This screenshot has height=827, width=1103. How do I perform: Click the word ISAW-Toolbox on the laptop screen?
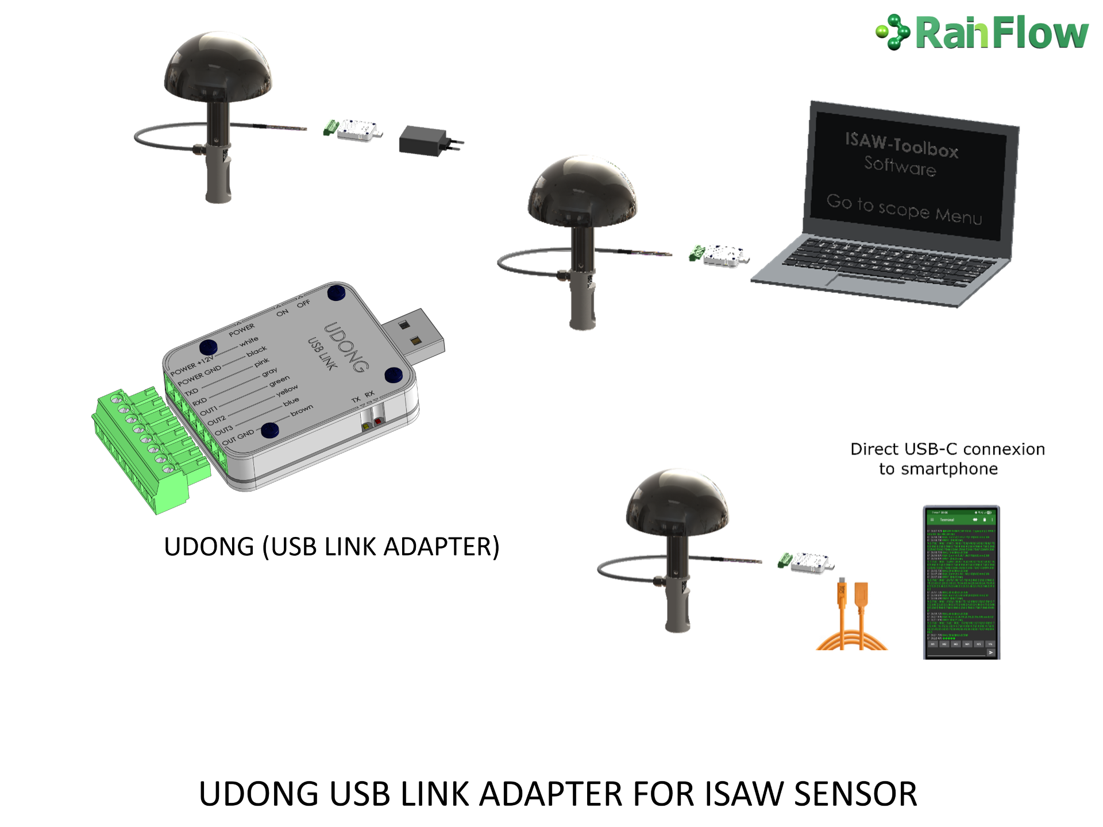click(x=901, y=145)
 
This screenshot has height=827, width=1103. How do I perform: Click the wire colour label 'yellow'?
click(x=287, y=392)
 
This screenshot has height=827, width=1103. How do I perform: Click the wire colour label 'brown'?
click(x=302, y=410)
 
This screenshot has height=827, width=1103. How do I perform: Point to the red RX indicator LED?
click(x=378, y=422)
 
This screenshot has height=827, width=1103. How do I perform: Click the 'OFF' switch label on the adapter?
click(x=303, y=303)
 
